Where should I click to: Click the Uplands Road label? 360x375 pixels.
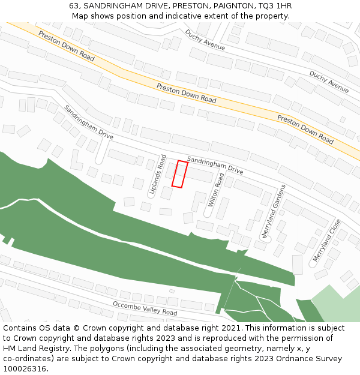158,175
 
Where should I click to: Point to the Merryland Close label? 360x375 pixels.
326,240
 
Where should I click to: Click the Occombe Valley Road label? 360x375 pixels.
145,308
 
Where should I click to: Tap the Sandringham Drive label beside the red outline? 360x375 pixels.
215,165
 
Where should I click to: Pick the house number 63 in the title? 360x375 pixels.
74,5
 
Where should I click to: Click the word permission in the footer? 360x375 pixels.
289,338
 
